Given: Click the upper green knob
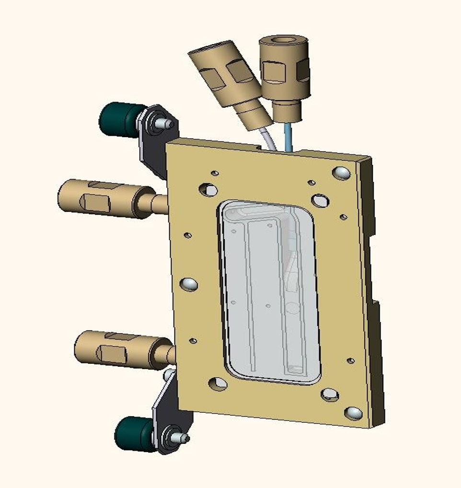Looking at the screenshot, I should point(117,119).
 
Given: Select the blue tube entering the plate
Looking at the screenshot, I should point(287,137).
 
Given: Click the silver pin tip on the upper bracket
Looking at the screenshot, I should point(168,124).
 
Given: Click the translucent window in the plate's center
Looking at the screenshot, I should point(268,292).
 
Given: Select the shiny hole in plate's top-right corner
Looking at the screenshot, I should point(341,173).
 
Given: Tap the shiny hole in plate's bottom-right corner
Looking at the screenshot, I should point(354,413).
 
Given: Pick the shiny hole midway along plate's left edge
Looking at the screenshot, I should point(188,284).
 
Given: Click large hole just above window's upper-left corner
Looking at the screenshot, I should point(209,190).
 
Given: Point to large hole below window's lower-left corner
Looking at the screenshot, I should point(218,383).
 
